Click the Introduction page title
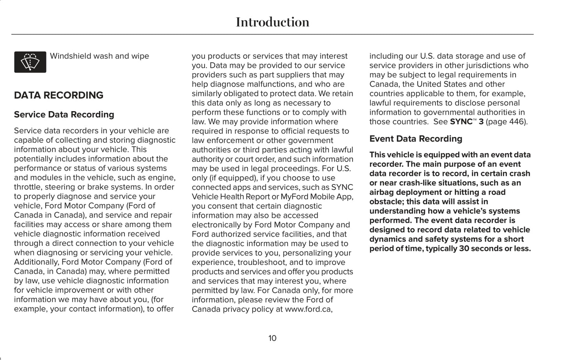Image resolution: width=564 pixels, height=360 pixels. point(272,22)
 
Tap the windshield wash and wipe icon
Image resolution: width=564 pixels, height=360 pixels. point(30,62)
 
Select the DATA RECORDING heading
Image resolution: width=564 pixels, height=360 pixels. point(59,95)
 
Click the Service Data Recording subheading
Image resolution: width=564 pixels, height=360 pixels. point(64,115)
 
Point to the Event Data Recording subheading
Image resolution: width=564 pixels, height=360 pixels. point(416,139)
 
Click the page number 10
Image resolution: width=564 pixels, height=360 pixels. point(272,338)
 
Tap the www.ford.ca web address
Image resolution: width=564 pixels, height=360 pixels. point(308,309)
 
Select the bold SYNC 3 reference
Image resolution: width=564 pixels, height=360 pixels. point(466,122)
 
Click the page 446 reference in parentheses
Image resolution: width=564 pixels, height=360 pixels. point(507,122)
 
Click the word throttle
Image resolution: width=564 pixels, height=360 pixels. point(28,187)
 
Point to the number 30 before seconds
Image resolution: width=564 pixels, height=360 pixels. point(464,249)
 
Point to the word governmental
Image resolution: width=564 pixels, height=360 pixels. point(426,112)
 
